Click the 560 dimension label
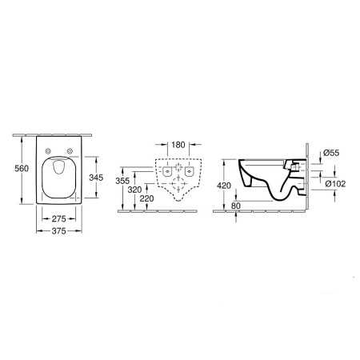pyautogui.click(x=22, y=169)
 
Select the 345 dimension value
pyautogui.click(x=96, y=178)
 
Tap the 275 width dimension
pyautogui.click(x=58, y=219)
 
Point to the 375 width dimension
pyautogui.click(x=58, y=231)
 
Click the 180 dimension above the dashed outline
pyautogui.click(x=178, y=145)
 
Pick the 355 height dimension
pyautogui.click(x=122, y=181)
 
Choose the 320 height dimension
pyautogui.click(x=134, y=190)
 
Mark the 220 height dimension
pyautogui.click(x=146, y=198)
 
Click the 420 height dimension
pyautogui.click(x=224, y=186)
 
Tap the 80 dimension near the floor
pyautogui.click(x=236, y=206)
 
